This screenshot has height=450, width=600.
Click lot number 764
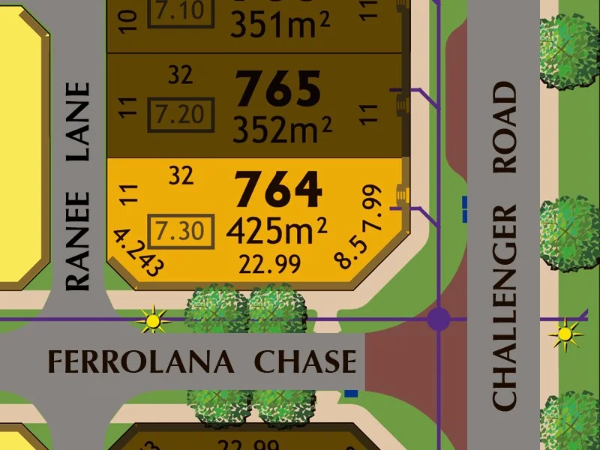279,190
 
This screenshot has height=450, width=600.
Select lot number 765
279,89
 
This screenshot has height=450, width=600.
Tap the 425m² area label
277,232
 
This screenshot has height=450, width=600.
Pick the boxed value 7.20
180,115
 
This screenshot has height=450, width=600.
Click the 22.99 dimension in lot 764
270,264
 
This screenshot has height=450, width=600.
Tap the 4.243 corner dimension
137,253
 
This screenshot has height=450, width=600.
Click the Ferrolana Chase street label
202,361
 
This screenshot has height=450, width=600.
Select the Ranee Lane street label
78,186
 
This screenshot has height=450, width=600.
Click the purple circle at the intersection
439,319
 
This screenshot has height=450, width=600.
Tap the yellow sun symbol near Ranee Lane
153,321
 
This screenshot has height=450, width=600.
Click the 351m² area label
280,25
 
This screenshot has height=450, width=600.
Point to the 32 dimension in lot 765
181,74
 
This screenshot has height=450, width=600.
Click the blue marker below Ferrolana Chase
350,392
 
